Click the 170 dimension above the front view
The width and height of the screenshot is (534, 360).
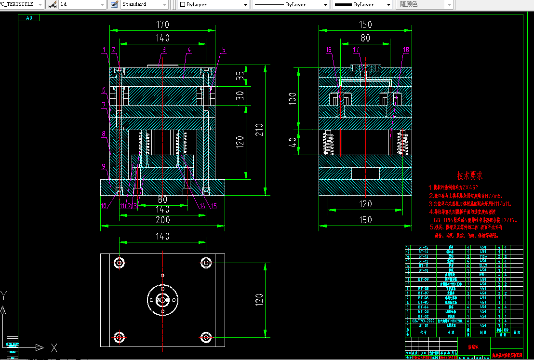pyautogui.click(x=162, y=24)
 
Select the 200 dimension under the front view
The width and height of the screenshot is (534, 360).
pyautogui.click(x=162, y=220)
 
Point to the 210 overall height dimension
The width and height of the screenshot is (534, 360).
pyautogui.click(x=259, y=129)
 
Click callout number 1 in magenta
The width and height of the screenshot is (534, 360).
pyautogui.click(x=104, y=49)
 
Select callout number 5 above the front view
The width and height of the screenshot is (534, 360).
pyautogui.click(x=224, y=49)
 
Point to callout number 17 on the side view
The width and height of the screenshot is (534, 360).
pyautogui.click(x=356, y=49)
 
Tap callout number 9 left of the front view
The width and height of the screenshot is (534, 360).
pyautogui.click(x=104, y=167)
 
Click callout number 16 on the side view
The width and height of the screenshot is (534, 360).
pyautogui.click(x=329, y=49)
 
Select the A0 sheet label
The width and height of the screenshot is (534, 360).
pyautogui.click(x=29, y=18)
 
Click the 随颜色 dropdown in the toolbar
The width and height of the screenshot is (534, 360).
pyautogui.click(x=424, y=4)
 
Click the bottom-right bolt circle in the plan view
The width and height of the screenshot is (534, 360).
pyautogui.click(x=206, y=336)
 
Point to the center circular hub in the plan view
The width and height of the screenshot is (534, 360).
pyautogui.click(x=162, y=299)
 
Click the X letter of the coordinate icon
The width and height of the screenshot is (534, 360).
pyautogui.click(x=54, y=347)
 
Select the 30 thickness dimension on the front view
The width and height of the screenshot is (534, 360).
pyautogui.click(x=240, y=96)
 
